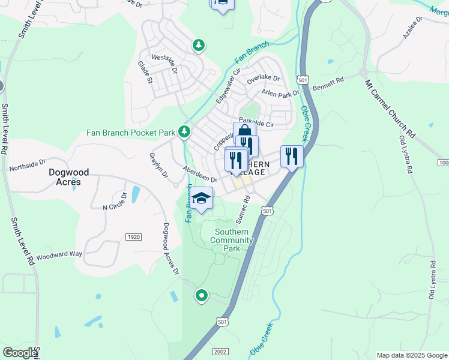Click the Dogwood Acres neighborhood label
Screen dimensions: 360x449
point(68,177)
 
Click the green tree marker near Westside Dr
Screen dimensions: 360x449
point(199,45)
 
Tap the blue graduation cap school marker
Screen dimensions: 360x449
point(202,199)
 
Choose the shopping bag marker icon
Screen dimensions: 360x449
point(244,132)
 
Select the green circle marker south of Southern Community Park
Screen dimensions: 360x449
point(202,295)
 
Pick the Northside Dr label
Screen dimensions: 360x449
point(27,164)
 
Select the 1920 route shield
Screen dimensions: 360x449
point(133,237)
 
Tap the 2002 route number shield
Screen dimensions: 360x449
point(220,352)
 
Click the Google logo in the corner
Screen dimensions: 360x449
point(20,353)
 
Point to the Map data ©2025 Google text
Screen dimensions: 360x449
point(411,355)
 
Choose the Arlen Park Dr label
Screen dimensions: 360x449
point(280,94)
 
